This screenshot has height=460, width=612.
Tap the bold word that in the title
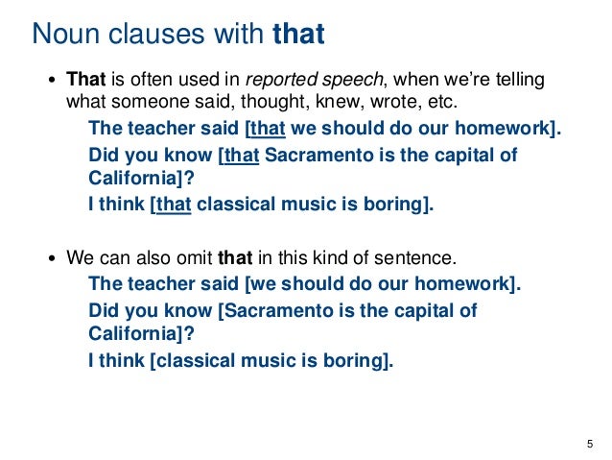pyautogui.click(x=298, y=35)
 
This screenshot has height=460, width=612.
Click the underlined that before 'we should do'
pyautogui.click(x=270, y=130)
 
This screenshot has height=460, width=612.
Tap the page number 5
pyautogui.click(x=588, y=443)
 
